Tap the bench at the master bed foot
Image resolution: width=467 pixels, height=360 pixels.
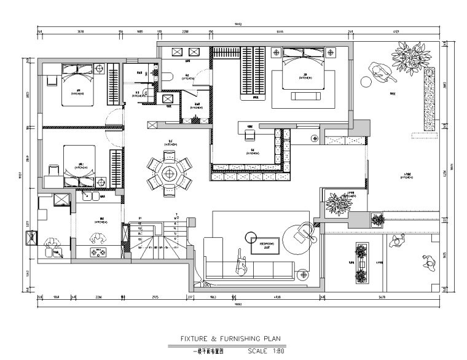(305, 96)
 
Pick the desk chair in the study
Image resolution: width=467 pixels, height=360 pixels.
(250, 133)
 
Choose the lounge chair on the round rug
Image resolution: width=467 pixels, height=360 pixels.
(301, 232)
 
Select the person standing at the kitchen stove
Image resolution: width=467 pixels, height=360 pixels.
(95, 238)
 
